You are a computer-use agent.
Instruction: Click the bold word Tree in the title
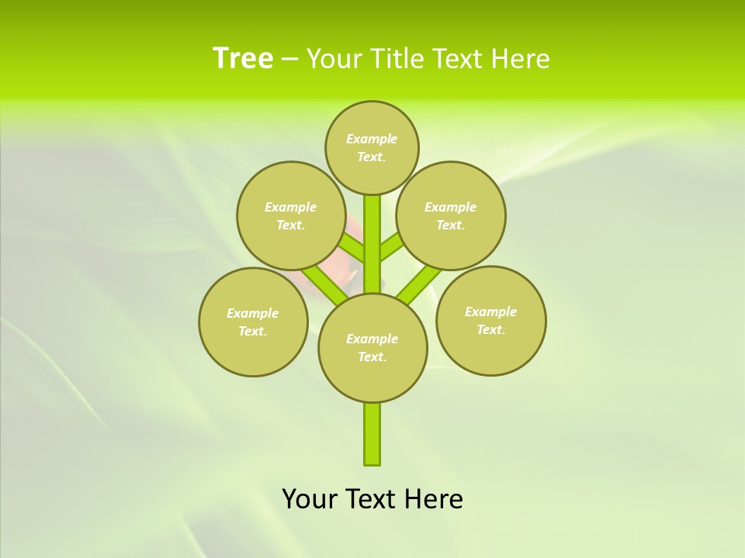pos(243,58)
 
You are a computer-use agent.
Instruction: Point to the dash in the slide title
pos(289,59)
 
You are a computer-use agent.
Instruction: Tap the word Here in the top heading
pos(521,59)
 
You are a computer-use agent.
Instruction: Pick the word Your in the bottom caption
pos(309,499)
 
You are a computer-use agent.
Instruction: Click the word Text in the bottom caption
pos(369,499)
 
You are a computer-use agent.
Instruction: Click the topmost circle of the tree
pos(372,147)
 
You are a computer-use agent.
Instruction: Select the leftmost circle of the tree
pos(253,322)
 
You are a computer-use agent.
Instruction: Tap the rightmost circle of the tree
pos(490,320)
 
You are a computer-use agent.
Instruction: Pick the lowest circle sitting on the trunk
pos(372,347)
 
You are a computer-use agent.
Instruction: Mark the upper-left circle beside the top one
pos(291,215)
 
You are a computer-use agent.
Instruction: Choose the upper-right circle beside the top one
pos(451,215)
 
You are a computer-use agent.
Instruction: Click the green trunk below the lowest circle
pos(372,434)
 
